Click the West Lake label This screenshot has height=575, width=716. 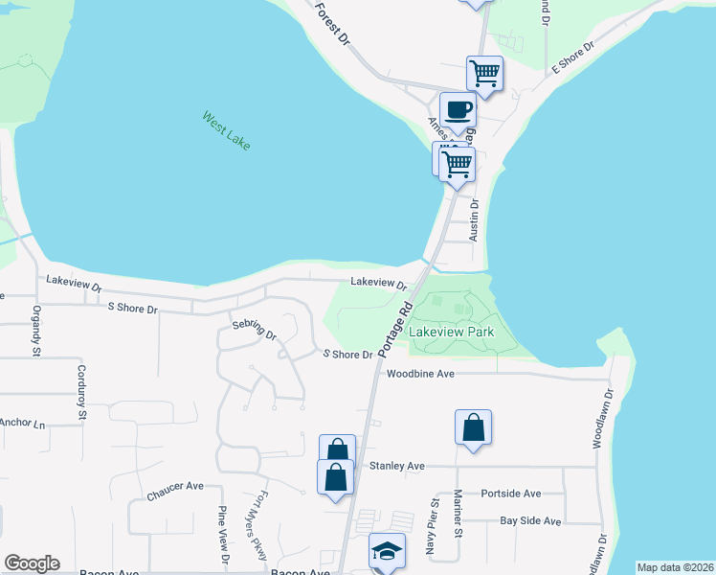226,130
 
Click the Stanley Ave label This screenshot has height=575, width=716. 396,466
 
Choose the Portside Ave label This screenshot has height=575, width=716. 511,494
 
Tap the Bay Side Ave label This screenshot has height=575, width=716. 530,520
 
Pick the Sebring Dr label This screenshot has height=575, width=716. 254,331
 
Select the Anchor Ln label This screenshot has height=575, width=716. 21,423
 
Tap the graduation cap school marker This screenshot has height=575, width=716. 387,550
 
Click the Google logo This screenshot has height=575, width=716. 32,563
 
